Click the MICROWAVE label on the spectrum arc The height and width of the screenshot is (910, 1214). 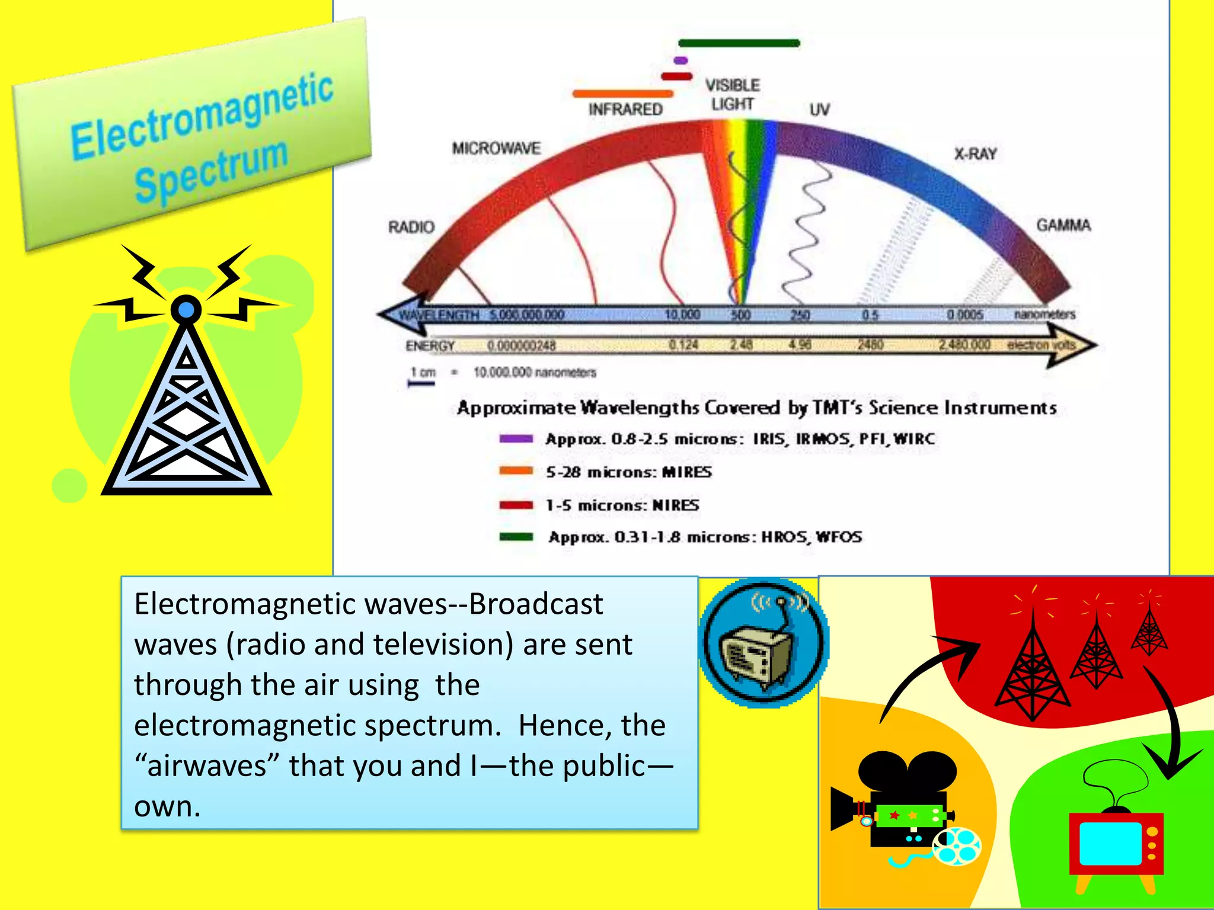click(496, 148)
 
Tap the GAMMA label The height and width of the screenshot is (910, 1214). click(1063, 225)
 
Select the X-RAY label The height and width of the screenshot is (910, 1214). click(975, 154)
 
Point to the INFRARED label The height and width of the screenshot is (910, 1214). click(625, 110)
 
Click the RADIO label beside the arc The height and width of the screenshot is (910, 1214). click(411, 227)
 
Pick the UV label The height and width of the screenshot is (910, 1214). click(820, 110)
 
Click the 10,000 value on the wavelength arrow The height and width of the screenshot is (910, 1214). click(682, 315)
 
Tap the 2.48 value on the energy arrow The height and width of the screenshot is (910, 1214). click(741, 345)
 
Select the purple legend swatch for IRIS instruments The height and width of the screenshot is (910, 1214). click(516, 439)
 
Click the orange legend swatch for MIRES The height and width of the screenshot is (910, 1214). click(516, 472)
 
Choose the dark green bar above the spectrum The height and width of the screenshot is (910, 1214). click(739, 43)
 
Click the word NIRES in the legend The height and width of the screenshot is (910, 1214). click(676, 505)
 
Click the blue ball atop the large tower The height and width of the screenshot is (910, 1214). click(186, 310)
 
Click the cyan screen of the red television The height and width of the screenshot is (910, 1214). click(1110, 843)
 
